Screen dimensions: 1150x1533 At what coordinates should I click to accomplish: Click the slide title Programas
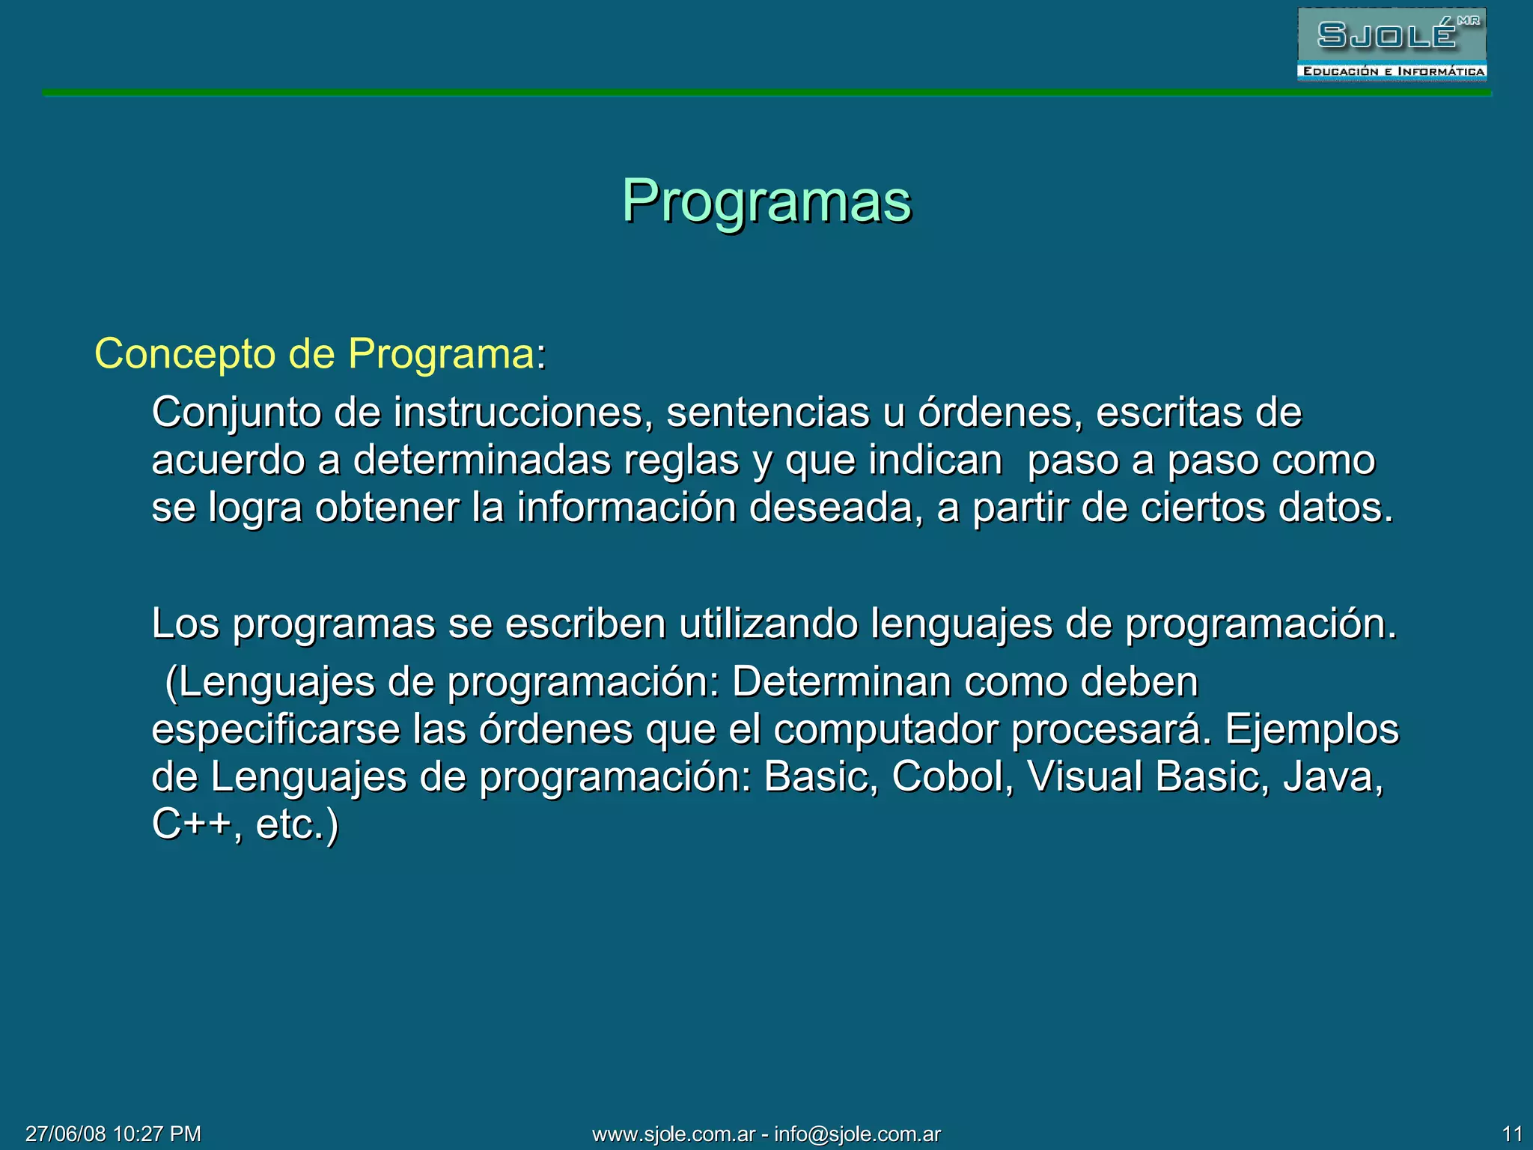766,202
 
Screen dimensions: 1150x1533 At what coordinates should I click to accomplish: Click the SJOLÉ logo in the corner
1392,43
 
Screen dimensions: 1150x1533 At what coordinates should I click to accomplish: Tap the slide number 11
1512,1134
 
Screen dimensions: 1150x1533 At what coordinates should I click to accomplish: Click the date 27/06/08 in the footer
66,1134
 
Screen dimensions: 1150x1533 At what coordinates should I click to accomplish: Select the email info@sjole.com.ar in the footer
857,1134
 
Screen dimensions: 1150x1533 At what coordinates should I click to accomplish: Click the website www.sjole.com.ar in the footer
674,1134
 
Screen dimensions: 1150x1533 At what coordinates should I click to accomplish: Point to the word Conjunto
237,413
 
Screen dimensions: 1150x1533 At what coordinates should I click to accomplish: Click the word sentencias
768,413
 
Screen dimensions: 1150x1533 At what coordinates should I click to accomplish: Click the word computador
886,730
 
